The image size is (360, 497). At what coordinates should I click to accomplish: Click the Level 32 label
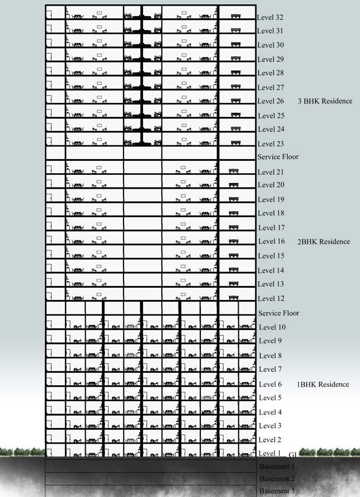270,18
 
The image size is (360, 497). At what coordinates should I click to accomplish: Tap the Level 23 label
270,144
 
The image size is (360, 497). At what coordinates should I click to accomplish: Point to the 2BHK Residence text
323,242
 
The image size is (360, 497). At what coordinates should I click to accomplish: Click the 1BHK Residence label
323,385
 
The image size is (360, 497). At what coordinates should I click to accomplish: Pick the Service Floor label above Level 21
278,157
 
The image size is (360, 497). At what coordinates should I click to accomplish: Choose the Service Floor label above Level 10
279,313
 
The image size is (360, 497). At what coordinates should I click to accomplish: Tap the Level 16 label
272,242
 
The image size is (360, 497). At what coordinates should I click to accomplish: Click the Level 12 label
272,299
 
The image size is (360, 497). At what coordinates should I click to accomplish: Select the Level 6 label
270,385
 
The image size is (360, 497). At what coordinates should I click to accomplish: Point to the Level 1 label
270,454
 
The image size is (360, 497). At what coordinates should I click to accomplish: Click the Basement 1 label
277,466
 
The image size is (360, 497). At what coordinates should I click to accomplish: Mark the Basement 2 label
277,479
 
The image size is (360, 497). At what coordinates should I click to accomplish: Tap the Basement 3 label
277,491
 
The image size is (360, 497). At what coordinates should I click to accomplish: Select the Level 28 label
270,73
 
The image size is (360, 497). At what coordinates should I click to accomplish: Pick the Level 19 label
271,199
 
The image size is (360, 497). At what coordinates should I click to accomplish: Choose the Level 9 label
270,341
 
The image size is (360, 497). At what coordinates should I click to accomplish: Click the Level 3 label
270,426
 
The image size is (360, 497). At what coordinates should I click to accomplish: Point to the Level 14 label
272,270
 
